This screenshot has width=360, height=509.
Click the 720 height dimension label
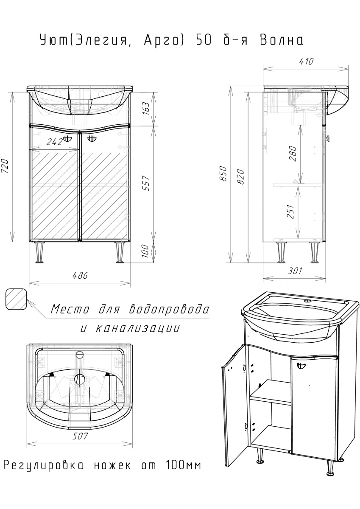pos(5,166)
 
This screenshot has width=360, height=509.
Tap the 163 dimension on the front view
pos(146,109)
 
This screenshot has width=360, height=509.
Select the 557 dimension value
pos(146,183)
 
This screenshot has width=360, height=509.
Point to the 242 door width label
pos(55,142)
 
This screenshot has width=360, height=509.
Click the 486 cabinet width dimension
pos(80,276)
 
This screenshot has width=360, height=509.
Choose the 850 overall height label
pos(223,173)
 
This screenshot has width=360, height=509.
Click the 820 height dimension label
pos(241,177)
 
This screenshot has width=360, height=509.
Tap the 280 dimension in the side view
pos(293,154)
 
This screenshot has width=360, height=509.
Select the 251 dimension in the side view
pos(291,212)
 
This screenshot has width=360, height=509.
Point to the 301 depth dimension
pos(295,271)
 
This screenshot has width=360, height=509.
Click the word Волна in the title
pos(281,41)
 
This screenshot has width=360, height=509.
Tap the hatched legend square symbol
pos(16,299)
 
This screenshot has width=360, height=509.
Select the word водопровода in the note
pos(168,309)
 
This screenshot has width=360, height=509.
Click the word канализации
pos(138,328)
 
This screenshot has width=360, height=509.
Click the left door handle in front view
pos(67,138)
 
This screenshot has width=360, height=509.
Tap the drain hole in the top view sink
pos(80,379)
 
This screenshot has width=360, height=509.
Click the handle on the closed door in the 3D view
pos(301,366)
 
